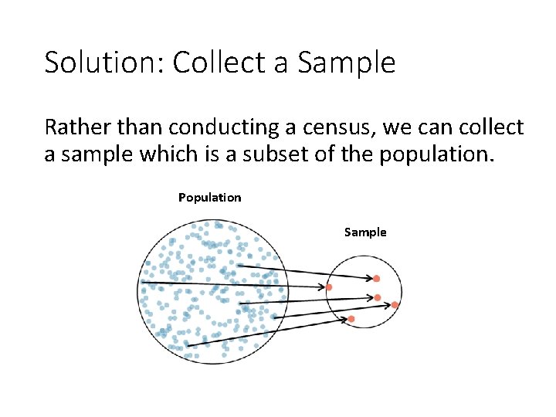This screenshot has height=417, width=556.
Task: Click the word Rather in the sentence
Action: coord(76,127)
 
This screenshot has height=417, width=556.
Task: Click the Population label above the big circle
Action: coord(209,198)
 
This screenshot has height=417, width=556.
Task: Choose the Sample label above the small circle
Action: coord(365,232)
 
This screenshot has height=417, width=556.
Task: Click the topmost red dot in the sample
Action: coord(377,278)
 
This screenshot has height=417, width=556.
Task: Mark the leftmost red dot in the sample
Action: coord(329,287)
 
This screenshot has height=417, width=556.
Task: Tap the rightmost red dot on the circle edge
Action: coord(395,305)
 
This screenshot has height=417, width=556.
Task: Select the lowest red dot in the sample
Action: coord(351,319)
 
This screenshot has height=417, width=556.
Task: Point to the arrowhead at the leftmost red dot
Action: coord(321,286)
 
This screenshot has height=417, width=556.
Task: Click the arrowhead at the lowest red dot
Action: coord(344,318)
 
